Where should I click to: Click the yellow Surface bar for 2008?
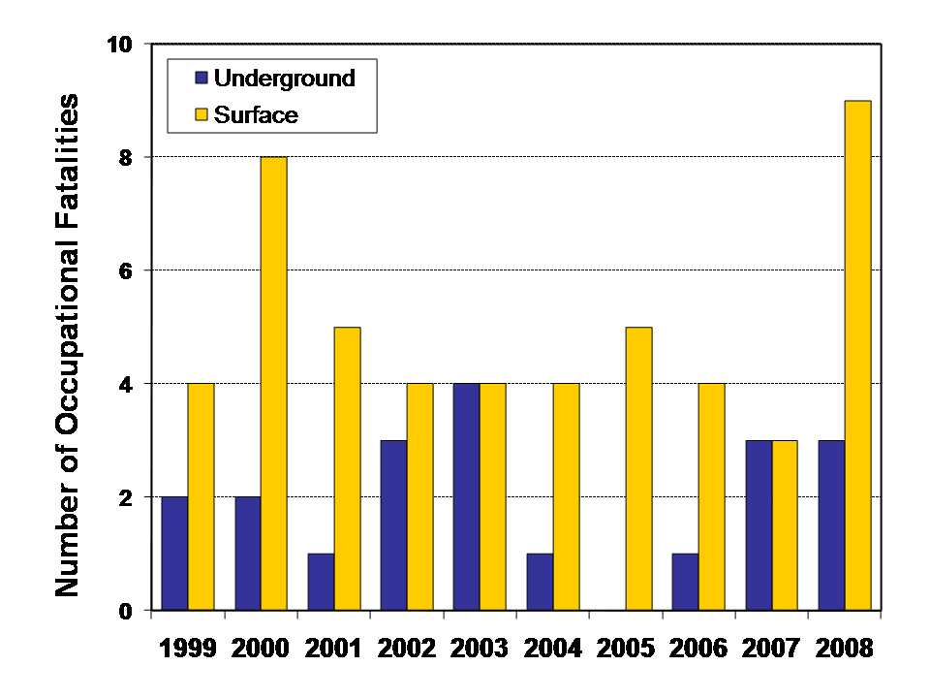coord(857,356)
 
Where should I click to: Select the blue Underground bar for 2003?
coord(467,497)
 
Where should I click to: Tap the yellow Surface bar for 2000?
coord(273,384)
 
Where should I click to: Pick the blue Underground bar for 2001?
coord(321,582)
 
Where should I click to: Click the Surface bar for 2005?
coord(638,469)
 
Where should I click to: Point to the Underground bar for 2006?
coord(686,582)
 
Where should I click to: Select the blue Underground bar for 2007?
coord(759,525)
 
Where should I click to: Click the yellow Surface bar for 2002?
coord(419,497)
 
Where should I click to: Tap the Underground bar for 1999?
coord(174,554)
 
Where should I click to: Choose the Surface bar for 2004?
coord(566,497)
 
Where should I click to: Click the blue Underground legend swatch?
coord(201,79)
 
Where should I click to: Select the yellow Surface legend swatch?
coord(201,114)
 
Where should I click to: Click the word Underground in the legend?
coord(284,79)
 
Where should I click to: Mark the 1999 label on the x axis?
coord(188,648)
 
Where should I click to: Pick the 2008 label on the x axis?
coord(844,648)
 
